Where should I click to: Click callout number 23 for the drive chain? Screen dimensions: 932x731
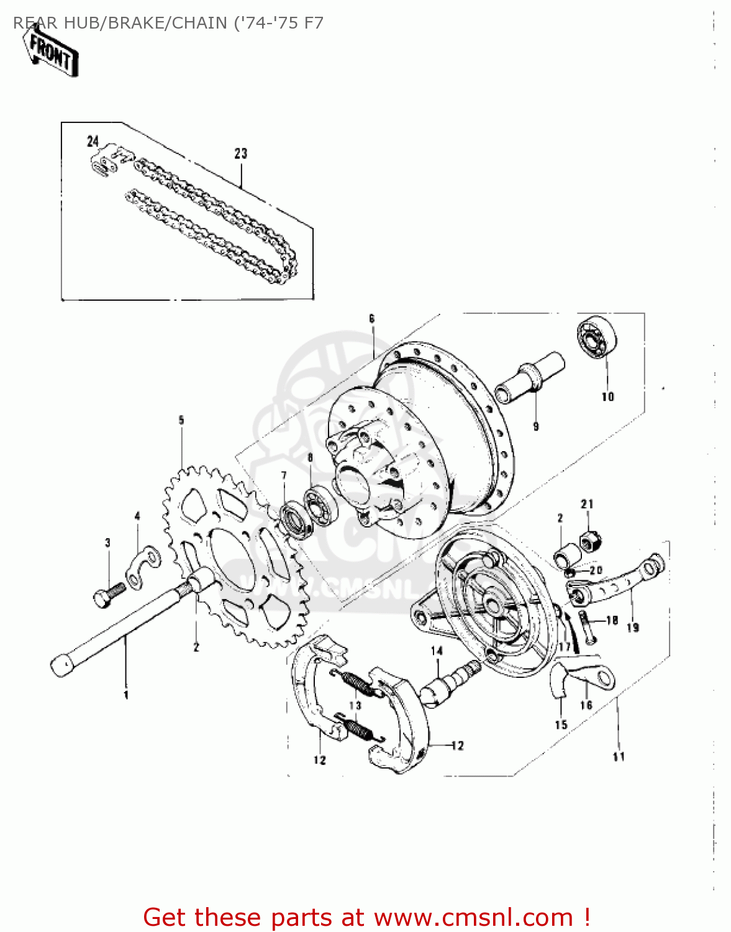pyautogui.click(x=240, y=153)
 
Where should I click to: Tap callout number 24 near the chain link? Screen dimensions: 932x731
pyautogui.click(x=93, y=142)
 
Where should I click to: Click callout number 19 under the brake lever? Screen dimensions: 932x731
pyautogui.click(x=632, y=628)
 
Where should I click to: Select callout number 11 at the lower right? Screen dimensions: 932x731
pyautogui.click(x=619, y=756)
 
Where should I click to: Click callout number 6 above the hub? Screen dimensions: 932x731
pyautogui.click(x=371, y=319)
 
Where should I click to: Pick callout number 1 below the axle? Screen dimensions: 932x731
pyautogui.click(x=125, y=694)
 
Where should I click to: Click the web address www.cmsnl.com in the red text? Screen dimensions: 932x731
pyautogui.click(x=474, y=917)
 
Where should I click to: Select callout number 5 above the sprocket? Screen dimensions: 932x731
pyautogui.click(x=181, y=420)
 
